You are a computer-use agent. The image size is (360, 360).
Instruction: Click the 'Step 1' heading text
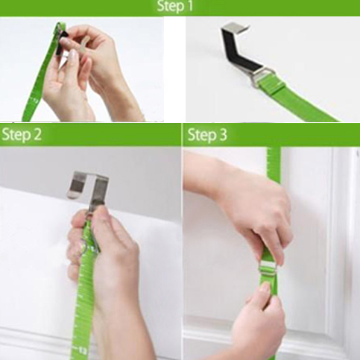pos(175,6)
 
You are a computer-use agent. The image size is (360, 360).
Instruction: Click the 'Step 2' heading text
pos(22,135)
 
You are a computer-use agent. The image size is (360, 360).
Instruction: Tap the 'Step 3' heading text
pos(207,135)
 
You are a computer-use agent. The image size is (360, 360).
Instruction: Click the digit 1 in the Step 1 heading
pos(190,6)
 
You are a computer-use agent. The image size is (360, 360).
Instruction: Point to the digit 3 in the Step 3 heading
pos(223,135)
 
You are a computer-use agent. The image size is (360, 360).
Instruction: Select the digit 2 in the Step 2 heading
pos(37,135)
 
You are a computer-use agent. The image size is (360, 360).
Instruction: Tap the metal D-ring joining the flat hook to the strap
pos(263,77)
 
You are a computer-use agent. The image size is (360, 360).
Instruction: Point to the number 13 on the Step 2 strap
pos(82,350)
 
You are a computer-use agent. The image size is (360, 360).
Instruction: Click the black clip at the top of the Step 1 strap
pos(60,44)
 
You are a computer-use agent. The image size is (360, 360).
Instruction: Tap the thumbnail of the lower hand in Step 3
pos(265,288)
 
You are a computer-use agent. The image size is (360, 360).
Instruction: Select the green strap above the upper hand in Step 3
pos(274,164)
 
